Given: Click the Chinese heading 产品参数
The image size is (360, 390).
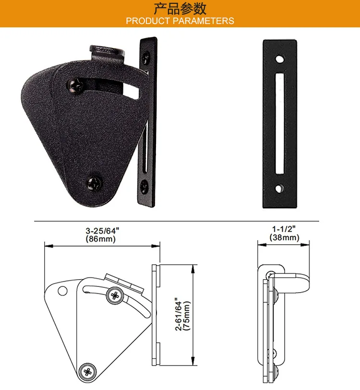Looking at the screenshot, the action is coord(180,9).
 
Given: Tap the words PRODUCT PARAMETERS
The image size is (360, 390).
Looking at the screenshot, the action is coord(180,21).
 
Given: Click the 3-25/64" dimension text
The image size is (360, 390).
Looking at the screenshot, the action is coord(102,231).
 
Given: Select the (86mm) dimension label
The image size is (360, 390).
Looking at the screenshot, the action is coord(101,239).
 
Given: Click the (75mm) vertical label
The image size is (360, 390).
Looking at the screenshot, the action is coord(187,316).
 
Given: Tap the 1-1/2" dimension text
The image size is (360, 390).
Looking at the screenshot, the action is coord(284,229).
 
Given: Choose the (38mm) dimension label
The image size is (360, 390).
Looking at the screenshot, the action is coord(284,237).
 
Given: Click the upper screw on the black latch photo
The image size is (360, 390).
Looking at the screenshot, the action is coord(75,86).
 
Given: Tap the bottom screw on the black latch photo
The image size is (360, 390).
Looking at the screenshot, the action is coord(94,184).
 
